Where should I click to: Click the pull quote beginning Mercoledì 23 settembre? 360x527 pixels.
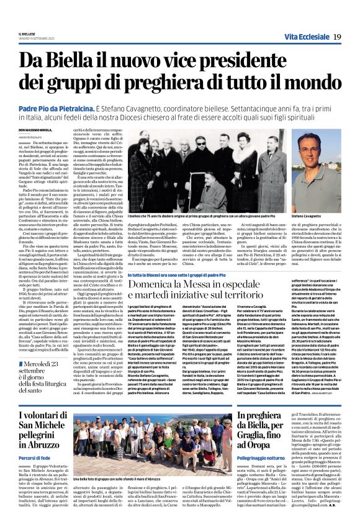click(45, 362)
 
